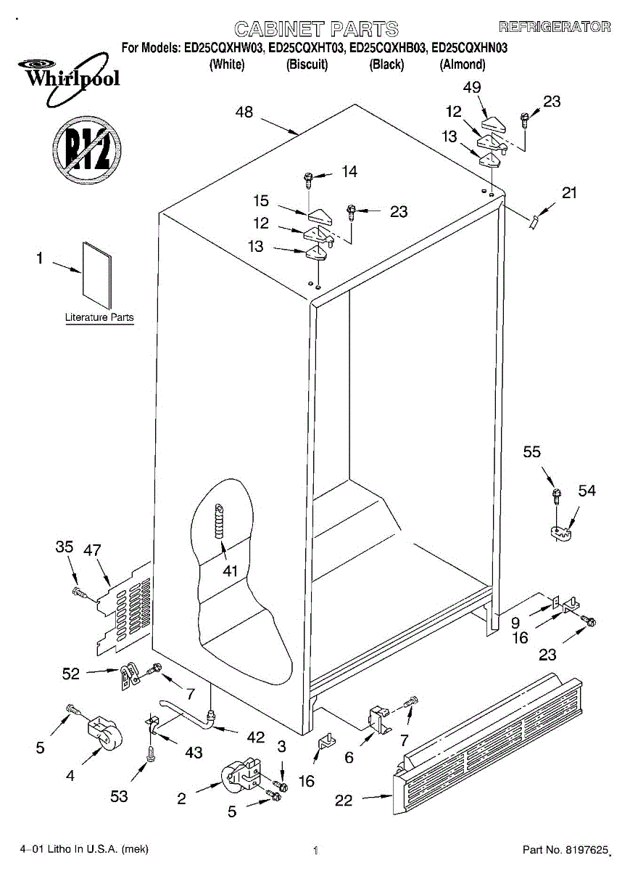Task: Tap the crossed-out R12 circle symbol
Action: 86,152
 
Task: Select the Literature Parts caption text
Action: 99,317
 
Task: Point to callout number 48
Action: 244,113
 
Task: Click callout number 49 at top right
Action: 471,87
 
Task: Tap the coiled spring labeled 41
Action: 219,520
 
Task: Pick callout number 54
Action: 587,491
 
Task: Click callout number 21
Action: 571,192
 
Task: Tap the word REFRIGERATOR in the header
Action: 555,28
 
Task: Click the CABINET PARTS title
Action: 316,29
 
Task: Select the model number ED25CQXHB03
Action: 388,49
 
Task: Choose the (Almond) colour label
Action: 463,65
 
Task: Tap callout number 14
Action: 349,172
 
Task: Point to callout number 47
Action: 92,549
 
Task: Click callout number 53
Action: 119,796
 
